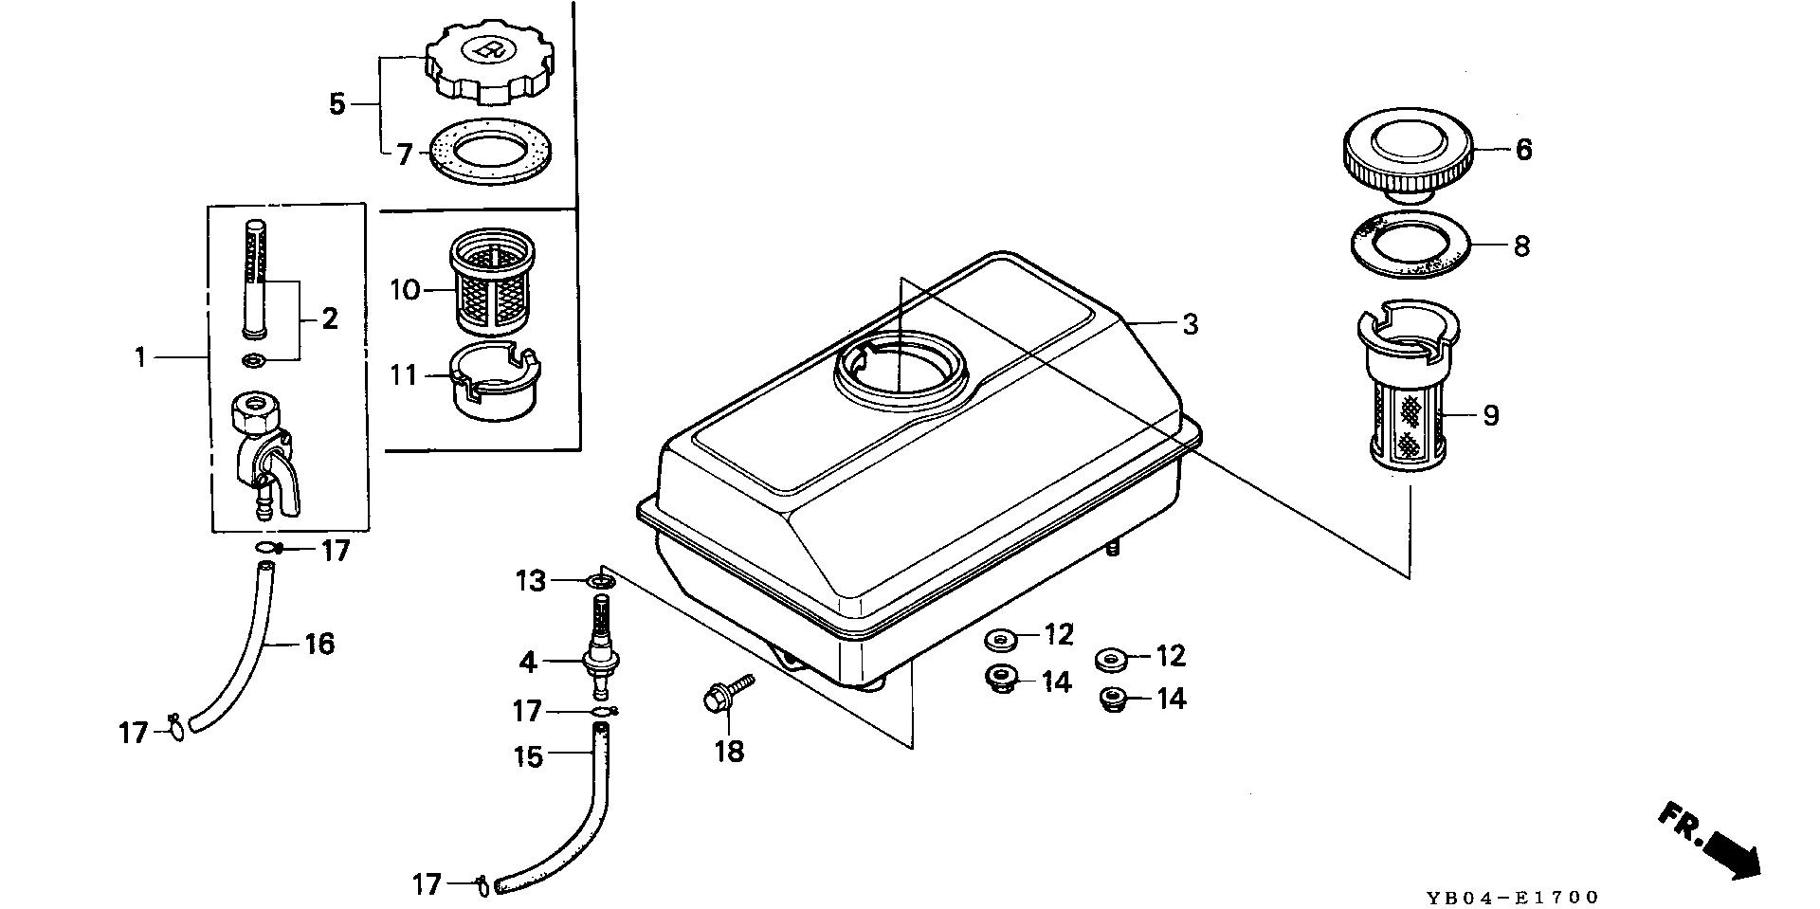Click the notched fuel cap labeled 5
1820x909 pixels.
click(x=485, y=63)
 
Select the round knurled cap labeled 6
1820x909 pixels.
click(x=1406, y=155)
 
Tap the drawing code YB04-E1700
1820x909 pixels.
click(x=1511, y=898)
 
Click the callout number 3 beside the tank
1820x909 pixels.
click(x=1190, y=324)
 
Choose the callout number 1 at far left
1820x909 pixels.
click(x=139, y=357)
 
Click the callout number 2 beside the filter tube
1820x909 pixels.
click(x=329, y=318)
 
